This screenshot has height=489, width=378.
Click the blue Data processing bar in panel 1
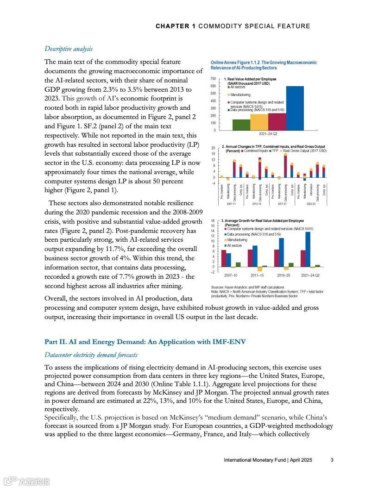pyautogui.click(x=295, y=108)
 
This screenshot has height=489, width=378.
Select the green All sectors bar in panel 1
pyautogui.click(x=241, y=125)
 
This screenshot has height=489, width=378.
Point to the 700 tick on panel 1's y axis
pyautogui.click(x=213, y=79)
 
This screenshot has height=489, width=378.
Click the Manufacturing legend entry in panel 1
pyautogui.click(x=240, y=94)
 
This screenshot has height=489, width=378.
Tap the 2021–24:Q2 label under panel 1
pyautogui.click(x=268, y=134)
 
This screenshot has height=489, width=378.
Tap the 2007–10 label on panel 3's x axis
pyautogui.click(x=231, y=275)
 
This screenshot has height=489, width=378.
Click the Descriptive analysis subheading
pyautogui.click(x=68, y=49)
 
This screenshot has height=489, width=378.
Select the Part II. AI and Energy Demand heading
pyautogui.click(x=145, y=342)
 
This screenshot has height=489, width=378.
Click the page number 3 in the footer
pyautogui.click(x=332, y=460)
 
